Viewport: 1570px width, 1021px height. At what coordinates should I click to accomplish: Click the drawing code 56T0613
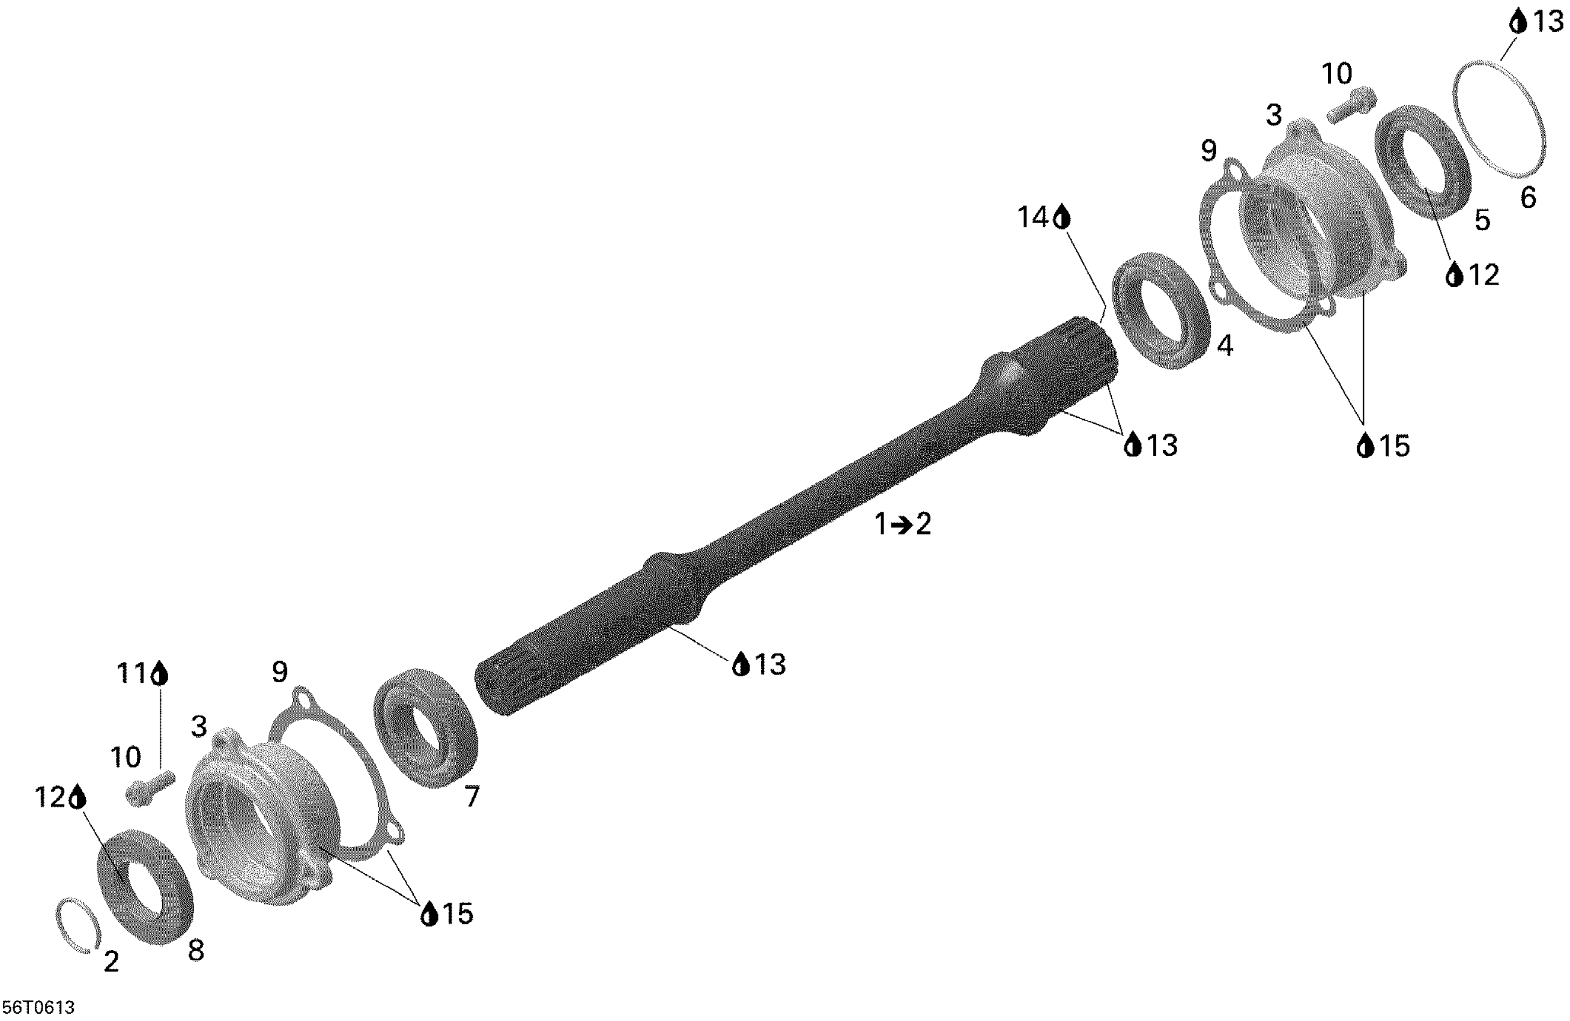[x=39, y=1007]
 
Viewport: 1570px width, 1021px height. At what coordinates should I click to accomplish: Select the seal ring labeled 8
[x=146, y=886]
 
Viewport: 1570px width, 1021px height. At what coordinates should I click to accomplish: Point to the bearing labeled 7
[x=425, y=727]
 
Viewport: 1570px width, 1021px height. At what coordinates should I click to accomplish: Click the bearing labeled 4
[x=1161, y=310]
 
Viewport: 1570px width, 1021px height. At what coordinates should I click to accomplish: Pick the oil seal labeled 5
[x=1423, y=161]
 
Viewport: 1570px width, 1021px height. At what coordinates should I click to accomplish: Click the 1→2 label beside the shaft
[x=903, y=524]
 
